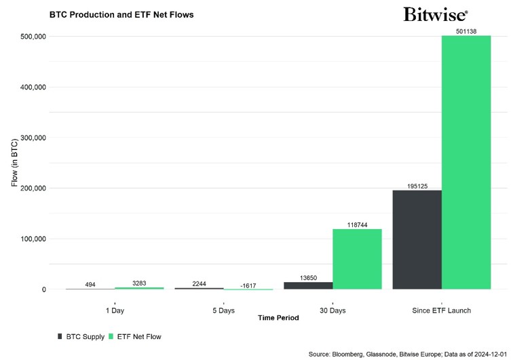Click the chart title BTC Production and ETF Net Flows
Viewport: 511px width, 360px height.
(121, 14)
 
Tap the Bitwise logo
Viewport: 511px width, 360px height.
(435, 14)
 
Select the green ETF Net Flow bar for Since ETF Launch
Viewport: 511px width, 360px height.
(466, 163)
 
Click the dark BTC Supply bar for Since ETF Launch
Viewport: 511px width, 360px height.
(417, 240)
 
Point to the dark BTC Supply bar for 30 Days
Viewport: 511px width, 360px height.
(308, 285)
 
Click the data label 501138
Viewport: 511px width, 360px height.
(466, 31)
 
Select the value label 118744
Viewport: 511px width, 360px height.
(357, 224)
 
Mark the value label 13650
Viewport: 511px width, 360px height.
(309, 277)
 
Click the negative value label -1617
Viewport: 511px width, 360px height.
(248, 285)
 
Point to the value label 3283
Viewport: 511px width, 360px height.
(140, 283)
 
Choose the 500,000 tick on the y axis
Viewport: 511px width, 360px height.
(29, 37)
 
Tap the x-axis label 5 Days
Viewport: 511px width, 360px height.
(223, 310)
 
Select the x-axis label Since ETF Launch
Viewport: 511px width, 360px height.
(442, 310)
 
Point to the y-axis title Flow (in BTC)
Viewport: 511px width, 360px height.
(15, 163)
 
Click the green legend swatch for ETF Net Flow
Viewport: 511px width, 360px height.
(111, 336)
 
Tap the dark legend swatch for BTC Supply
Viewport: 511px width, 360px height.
(60, 336)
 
